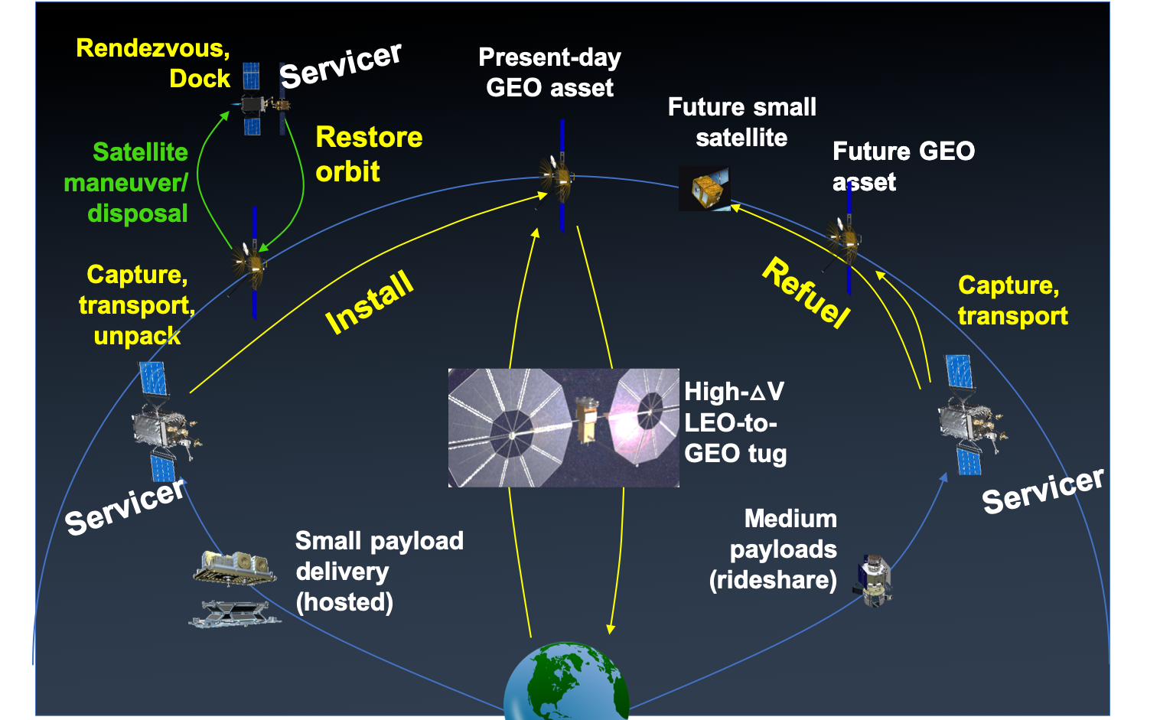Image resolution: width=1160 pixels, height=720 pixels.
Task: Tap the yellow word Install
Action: click(370, 302)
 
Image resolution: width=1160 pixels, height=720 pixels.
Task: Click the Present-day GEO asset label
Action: click(549, 73)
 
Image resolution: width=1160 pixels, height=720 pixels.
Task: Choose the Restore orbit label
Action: click(368, 154)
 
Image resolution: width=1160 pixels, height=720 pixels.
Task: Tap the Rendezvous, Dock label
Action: click(153, 64)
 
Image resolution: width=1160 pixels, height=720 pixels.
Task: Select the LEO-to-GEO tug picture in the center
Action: click(563, 428)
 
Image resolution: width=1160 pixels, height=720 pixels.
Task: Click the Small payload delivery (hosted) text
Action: click(379, 572)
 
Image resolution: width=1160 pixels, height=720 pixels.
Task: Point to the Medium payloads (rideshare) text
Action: click(774, 549)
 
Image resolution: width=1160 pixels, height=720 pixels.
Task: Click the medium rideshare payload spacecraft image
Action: click(874, 580)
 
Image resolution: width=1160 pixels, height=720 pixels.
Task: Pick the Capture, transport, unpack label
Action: click(136, 305)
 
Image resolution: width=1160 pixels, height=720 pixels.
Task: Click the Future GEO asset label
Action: click(903, 166)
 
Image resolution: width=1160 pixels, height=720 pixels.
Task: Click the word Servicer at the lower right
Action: click(1042, 490)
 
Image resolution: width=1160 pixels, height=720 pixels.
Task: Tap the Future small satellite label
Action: click(741, 122)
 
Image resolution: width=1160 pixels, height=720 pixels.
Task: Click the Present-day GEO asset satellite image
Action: click(559, 176)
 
